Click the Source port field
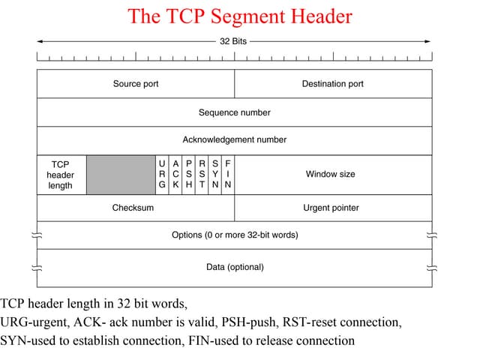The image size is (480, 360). pos(136,84)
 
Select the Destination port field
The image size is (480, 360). pos(333,84)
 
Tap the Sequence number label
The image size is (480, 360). pos(235,112)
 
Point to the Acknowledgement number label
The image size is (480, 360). pos(235,139)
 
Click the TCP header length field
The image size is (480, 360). pos(61,175)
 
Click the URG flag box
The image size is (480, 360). pos(162,175)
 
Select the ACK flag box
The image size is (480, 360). pos(175,175)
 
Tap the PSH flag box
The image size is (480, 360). pos(189,175)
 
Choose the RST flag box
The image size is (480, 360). pos(202,175)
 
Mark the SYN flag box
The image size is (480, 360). pos(215,175)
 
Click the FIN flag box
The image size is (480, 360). pos(228,175)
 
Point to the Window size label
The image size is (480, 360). pos(331,174)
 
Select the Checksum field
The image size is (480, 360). pos(133,208)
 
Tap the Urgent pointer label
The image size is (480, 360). pos(331,208)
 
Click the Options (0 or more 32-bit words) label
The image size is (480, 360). pos(235,235)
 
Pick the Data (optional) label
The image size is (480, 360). pos(235,267)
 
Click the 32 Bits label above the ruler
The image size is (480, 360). pos(234,41)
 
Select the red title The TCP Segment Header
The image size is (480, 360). pos(240,16)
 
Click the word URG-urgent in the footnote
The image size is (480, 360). pos(38,322)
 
